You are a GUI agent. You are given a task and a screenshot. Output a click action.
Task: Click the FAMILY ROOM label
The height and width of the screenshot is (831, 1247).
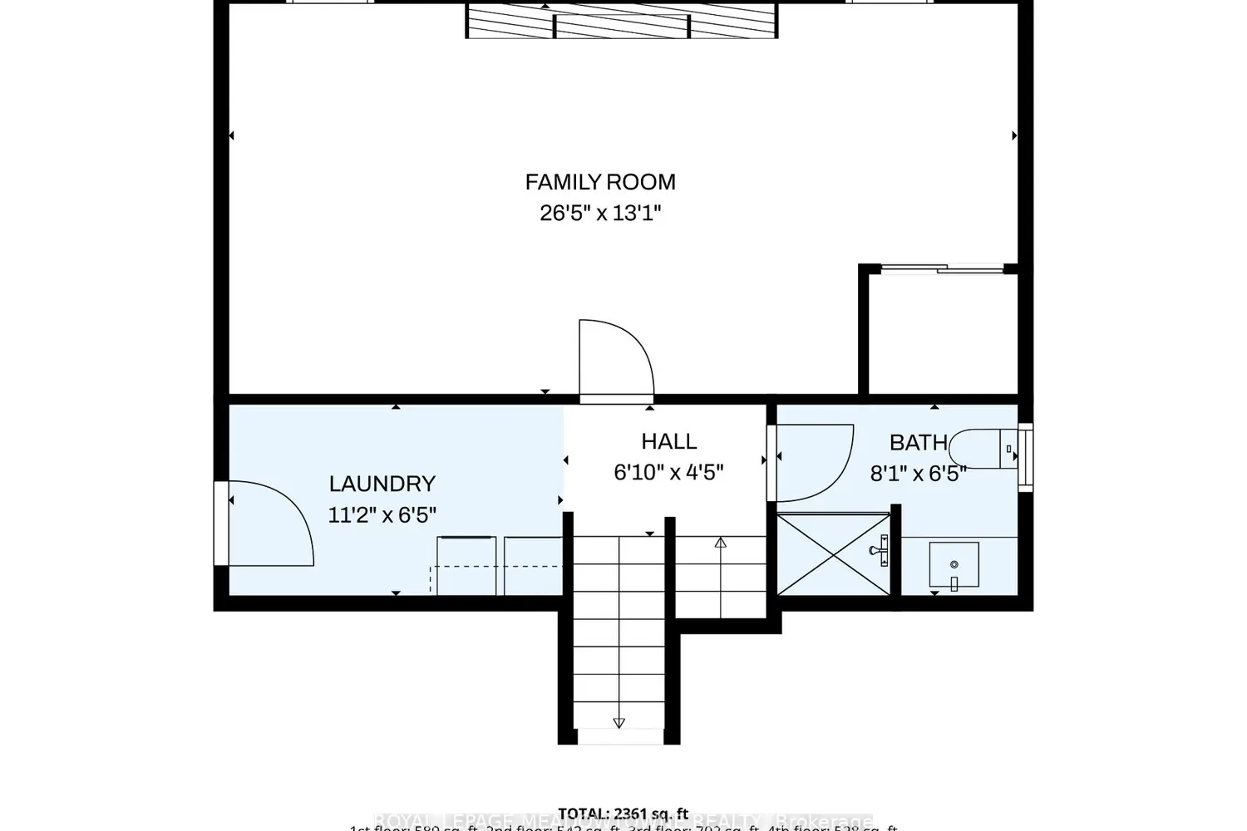coord(599,182)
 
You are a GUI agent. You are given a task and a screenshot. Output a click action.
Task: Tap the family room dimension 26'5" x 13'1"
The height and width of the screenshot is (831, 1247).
coord(599,213)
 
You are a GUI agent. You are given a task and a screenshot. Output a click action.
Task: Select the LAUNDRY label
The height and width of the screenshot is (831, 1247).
coord(382,484)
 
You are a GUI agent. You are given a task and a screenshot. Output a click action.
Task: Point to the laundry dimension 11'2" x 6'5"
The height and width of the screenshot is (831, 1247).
coord(382,514)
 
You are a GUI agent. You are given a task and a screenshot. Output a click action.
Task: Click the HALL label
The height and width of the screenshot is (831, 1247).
coord(668,441)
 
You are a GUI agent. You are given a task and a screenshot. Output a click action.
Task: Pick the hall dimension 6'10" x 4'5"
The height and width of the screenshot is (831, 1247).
coord(668,473)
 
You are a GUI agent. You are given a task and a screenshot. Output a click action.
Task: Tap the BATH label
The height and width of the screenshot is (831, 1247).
coord(918,443)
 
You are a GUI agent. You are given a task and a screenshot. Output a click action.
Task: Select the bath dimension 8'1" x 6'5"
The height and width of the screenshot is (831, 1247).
coord(918,474)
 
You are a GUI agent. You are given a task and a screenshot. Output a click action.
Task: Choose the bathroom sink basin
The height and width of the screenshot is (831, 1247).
coord(954,565)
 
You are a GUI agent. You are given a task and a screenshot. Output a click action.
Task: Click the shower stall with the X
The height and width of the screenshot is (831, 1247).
coord(831,554)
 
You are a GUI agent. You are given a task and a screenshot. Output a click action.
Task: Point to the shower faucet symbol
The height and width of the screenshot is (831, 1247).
coord(880,550)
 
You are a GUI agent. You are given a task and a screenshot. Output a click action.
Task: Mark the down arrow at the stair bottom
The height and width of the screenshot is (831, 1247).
coord(619,723)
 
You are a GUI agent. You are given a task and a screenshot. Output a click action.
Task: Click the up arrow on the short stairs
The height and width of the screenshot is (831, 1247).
coord(721,543)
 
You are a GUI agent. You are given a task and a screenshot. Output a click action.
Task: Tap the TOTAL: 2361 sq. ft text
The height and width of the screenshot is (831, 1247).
coord(623,814)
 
